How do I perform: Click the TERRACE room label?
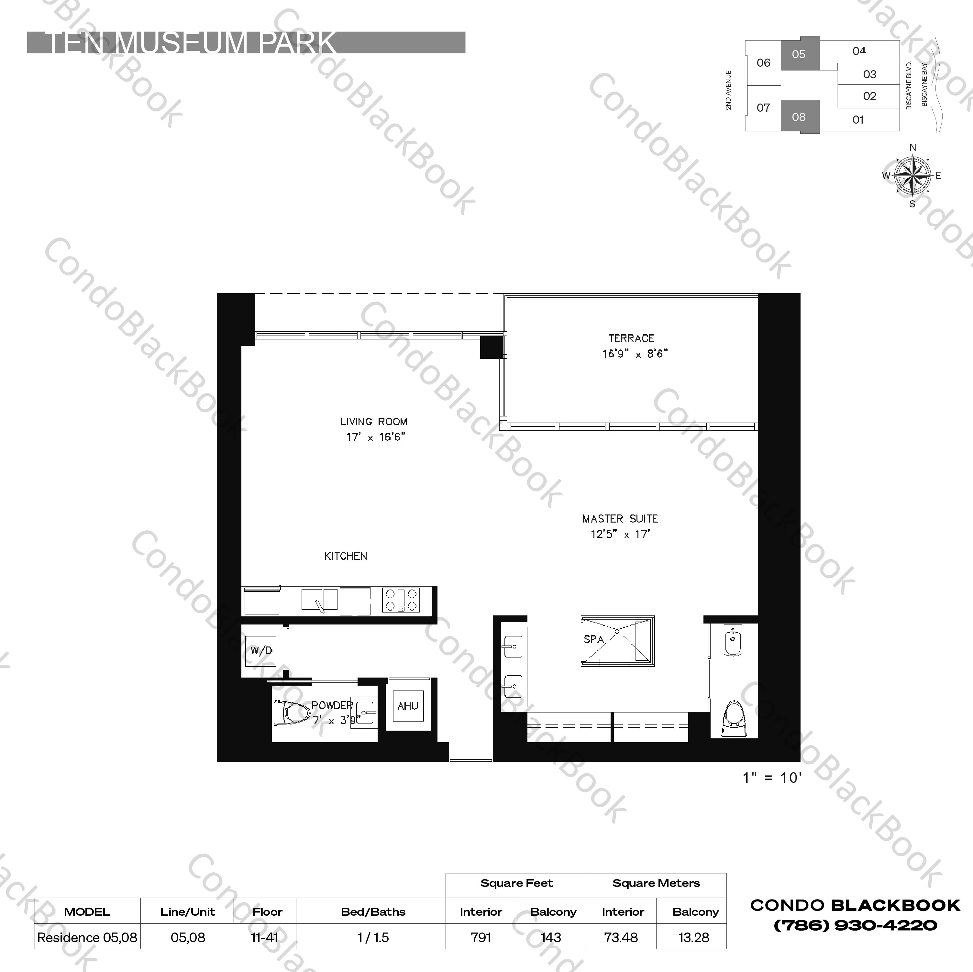click(x=631, y=338)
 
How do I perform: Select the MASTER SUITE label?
click(x=620, y=519)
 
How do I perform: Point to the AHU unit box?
click(x=408, y=706)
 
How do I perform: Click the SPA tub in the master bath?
click(x=617, y=641)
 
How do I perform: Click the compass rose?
click(x=912, y=176)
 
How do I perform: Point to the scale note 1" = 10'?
click(x=771, y=778)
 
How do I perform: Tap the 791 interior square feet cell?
click(x=481, y=937)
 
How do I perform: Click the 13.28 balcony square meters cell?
click(x=693, y=937)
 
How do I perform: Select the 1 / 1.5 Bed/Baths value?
click(x=373, y=937)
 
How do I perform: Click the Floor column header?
click(x=267, y=911)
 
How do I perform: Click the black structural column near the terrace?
click(x=491, y=347)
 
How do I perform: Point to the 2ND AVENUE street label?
click(x=728, y=90)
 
